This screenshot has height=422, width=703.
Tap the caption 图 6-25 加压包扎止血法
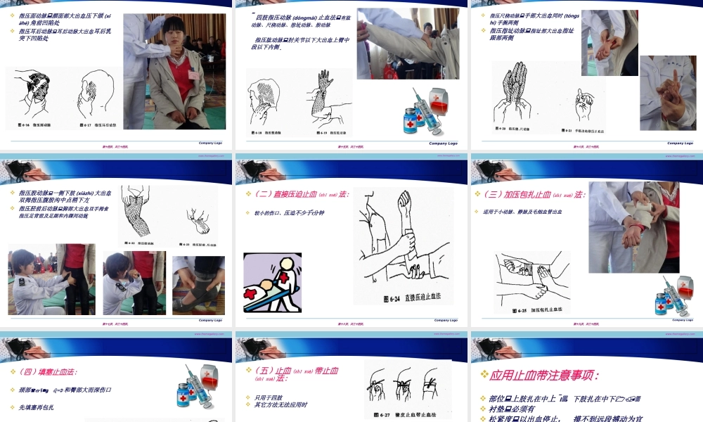pos(537,309)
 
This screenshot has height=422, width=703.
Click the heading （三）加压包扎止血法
pos(531,195)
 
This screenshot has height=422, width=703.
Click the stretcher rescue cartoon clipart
pos(272,281)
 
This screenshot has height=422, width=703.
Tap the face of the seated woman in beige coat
pos(175,33)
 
